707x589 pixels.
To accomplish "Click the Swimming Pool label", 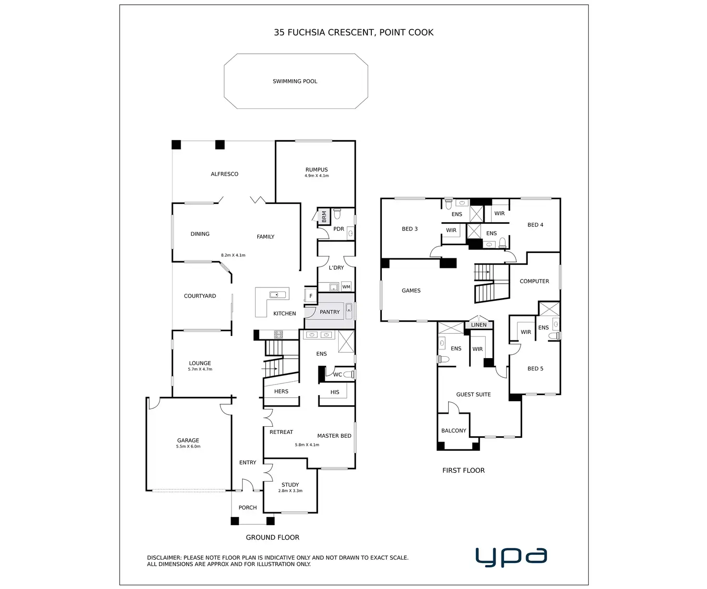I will pyautogui.click(x=295, y=82).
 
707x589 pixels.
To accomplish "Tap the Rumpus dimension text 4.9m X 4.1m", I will pyautogui.click(x=317, y=176).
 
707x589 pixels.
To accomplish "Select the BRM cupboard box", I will pyautogui.click(x=324, y=216).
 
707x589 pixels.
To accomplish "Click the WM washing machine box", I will pyautogui.click(x=346, y=287).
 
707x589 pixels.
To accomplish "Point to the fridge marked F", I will pyautogui.click(x=311, y=296).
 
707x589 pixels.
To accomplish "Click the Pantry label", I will pyautogui.click(x=329, y=312).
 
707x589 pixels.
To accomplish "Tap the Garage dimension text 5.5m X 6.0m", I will pyautogui.click(x=188, y=447).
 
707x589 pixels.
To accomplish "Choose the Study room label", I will pyautogui.click(x=290, y=485).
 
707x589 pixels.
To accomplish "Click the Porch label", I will pyautogui.click(x=247, y=508).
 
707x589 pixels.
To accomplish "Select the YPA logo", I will pyautogui.click(x=511, y=557).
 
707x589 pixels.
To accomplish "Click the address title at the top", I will pyautogui.click(x=353, y=33).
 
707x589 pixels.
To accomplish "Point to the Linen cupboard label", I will pyautogui.click(x=478, y=325).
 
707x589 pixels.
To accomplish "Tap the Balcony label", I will pyautogui.click(x=453, y=431).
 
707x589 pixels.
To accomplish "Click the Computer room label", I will pyautogui.click(x=534, y=281).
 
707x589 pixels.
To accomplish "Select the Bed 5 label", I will pyautogui.click(x=535, y=369).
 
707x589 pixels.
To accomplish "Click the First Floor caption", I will pyautogui.click(x=463, y=470).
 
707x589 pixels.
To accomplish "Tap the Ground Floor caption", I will pyautogui.click(x=272, y=538).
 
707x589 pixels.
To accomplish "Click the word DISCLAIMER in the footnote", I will pyautogui.click(x=164, y=558).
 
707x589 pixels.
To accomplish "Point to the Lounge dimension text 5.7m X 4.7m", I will pyautogui.click(x=200, y=370).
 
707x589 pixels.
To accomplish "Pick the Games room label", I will pyautogui.click(x=411, y=291).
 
